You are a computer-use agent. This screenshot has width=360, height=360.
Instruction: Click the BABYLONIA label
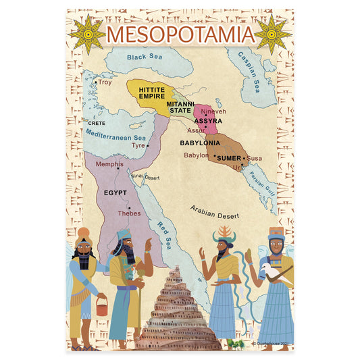199,143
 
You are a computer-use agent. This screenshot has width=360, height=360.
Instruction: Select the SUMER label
228,157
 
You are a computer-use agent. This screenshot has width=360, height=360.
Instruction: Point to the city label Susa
254,158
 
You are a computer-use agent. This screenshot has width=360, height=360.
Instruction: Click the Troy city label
105,82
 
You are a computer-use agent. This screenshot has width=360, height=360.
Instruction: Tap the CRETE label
96,124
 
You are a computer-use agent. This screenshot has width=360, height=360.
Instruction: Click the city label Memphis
109,164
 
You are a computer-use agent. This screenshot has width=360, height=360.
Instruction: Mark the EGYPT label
115,192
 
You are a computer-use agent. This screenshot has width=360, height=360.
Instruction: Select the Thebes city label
129,213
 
